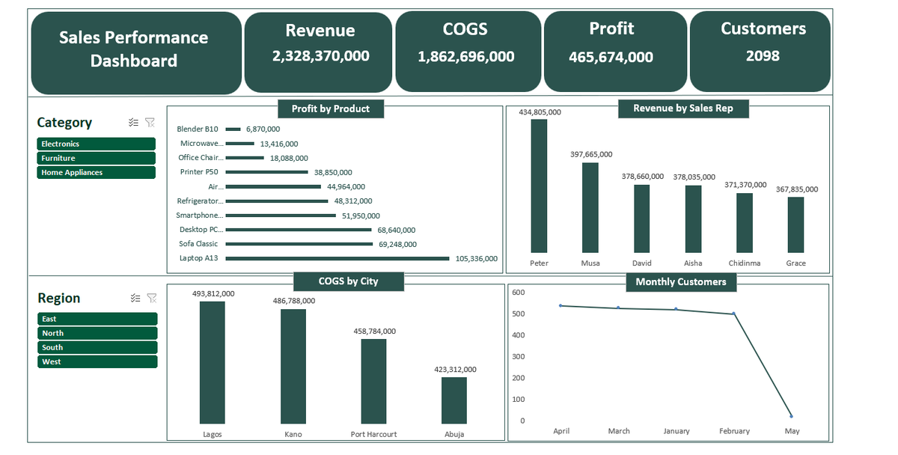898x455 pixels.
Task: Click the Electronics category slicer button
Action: (96, 144)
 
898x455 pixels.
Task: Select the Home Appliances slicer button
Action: (96, 172)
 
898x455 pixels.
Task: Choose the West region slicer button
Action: (97, 361)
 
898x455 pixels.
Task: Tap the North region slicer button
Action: (97, 333)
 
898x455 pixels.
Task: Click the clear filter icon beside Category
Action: (150, 123)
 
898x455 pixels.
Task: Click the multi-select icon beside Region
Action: (135, 298)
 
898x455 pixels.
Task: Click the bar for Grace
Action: (795, 225)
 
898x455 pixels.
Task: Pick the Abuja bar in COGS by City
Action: (453, 400)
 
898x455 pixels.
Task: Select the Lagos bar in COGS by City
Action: (212, 362)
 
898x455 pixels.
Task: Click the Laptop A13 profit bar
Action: (337, 258)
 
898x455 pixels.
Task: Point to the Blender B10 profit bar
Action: (233, 129)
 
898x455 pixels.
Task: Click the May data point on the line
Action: (792, 416)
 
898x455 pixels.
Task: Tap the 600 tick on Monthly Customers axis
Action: (518, 293)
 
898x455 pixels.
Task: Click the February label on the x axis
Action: (734, 431)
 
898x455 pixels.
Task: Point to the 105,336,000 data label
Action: (476, 258)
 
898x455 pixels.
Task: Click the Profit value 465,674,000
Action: (611, 57)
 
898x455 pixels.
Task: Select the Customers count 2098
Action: (763, 55)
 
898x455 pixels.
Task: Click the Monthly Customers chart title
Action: (680, 282)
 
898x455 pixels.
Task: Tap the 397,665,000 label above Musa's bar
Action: (590, 154)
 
